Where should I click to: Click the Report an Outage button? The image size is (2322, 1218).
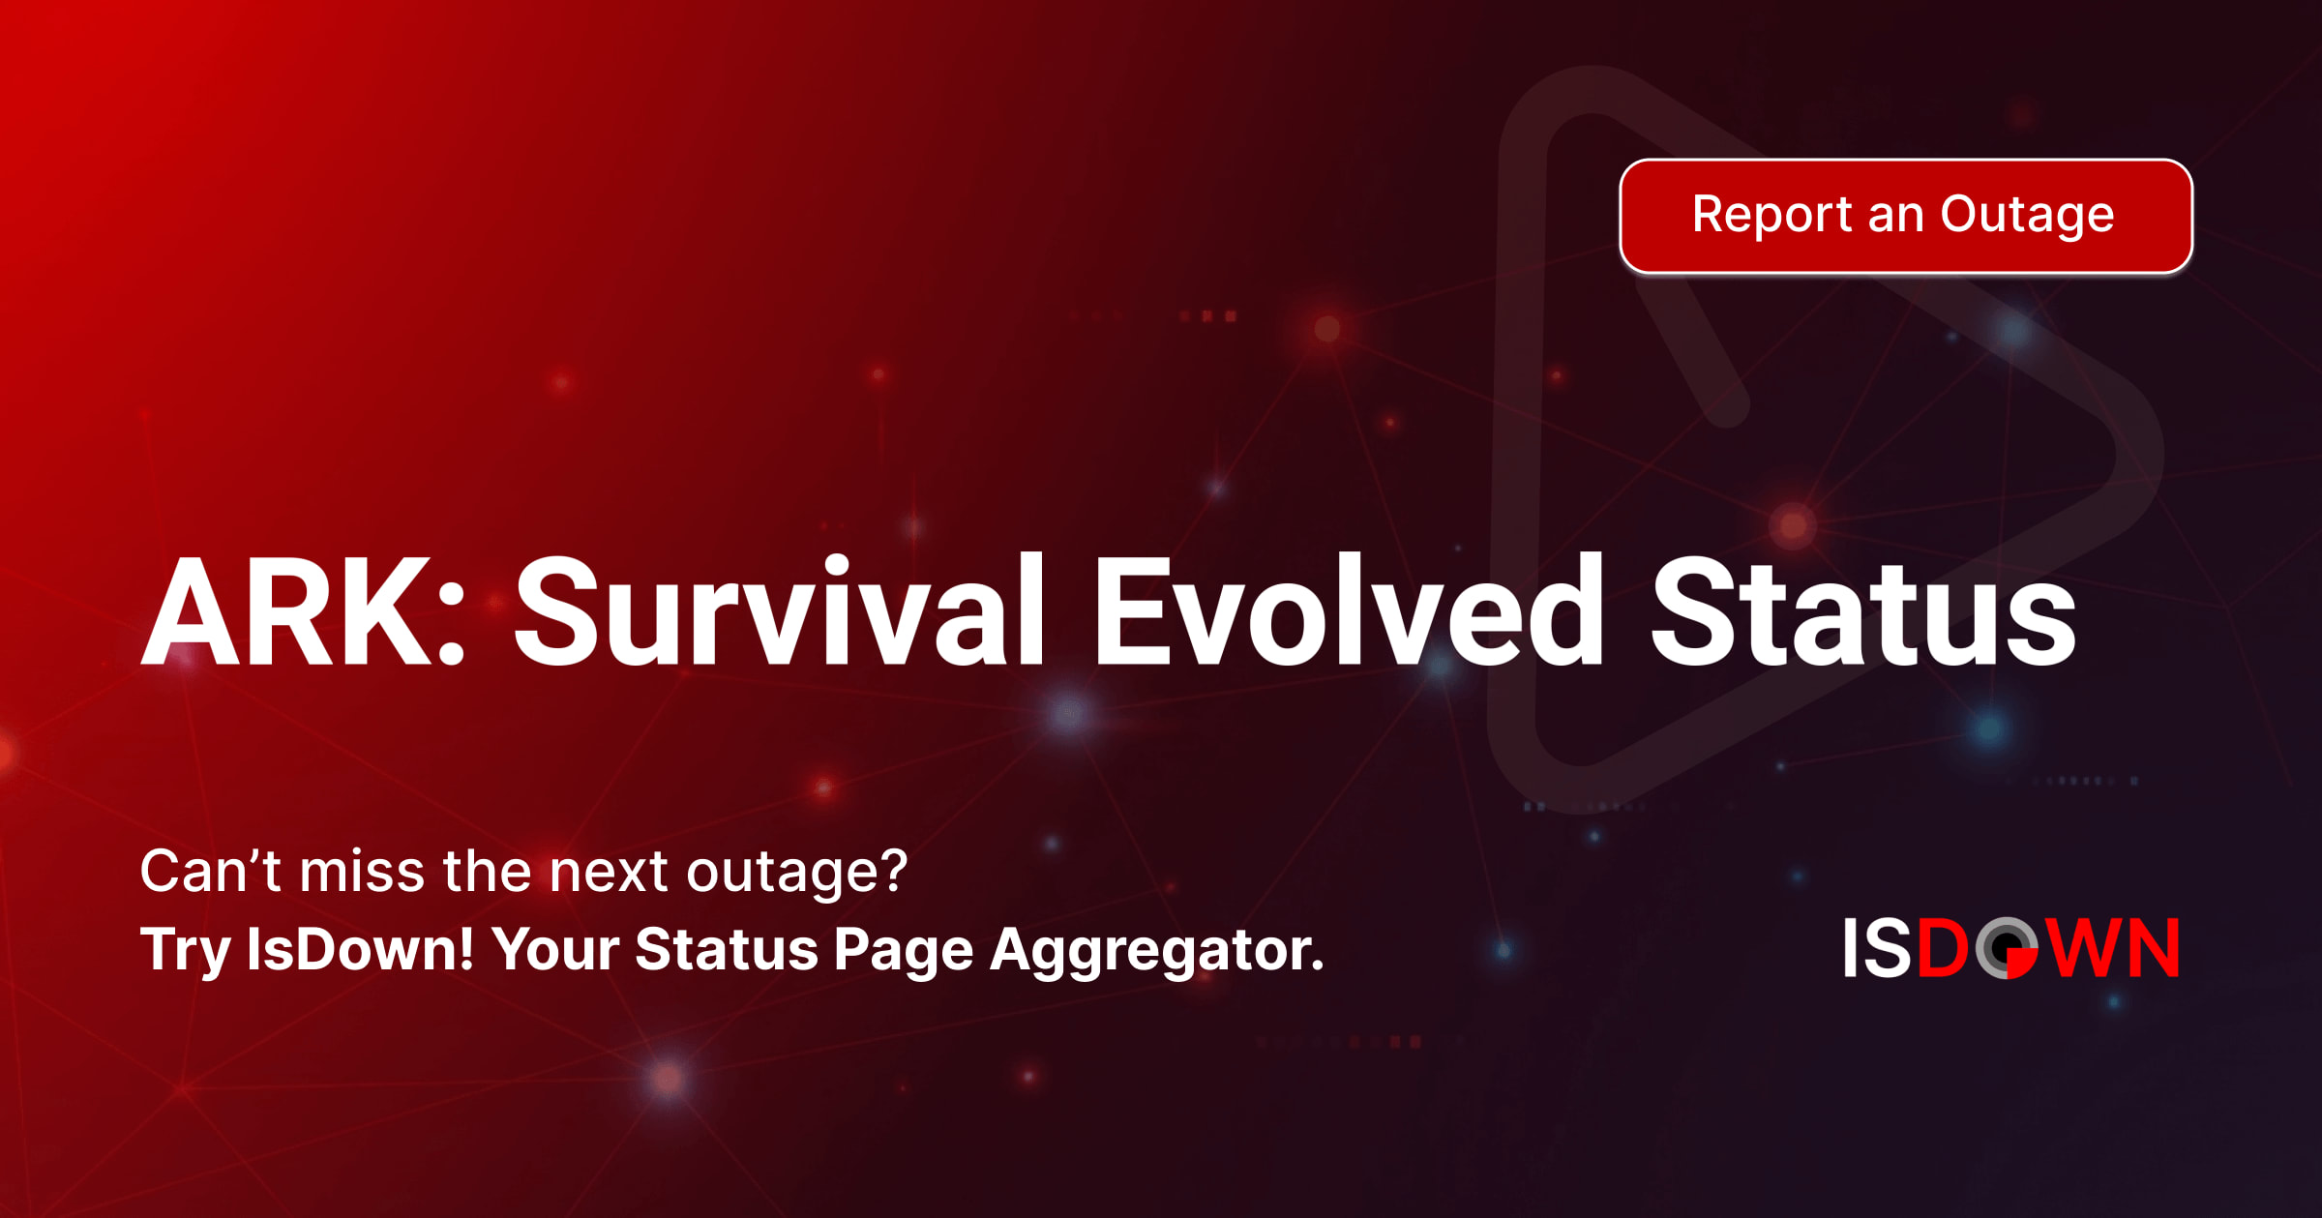[1906, 216]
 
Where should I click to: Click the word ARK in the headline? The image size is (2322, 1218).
[285, 611]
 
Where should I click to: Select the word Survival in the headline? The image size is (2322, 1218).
[779, 611]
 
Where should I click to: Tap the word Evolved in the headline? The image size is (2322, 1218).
[1349, 611]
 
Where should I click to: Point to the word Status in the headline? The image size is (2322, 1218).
[1863, 611]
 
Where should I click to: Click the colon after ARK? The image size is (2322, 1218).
[452, 625]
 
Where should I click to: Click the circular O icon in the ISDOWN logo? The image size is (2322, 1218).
[2007, 948]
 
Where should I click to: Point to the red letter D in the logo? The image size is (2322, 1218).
[1943, 948]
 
